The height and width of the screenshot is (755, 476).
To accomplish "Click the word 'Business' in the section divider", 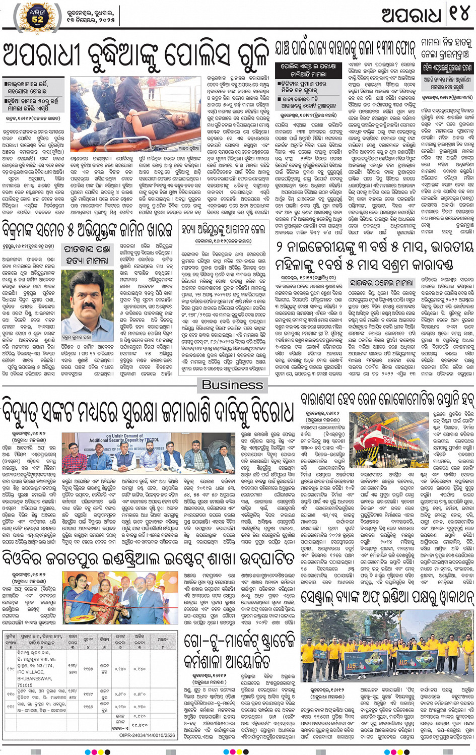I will point(232,385).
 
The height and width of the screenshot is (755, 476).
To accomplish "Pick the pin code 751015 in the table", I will point(25,685).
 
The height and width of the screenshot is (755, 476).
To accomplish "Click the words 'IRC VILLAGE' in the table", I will point(31,672).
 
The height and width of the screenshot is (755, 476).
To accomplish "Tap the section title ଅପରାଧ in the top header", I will point(412,15).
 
